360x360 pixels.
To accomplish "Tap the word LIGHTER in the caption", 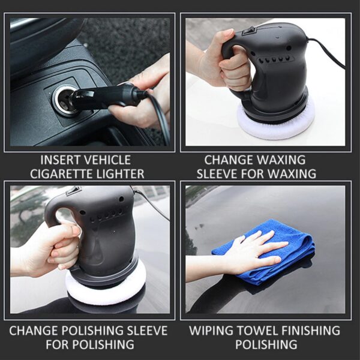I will tap(123, 174).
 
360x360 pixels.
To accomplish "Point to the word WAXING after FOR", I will tap(289, 174).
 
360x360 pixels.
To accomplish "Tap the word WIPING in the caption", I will tap(211, 331).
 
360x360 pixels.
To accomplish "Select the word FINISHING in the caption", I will tap(307, 331).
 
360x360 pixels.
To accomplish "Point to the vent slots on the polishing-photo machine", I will tap(108, 215).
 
